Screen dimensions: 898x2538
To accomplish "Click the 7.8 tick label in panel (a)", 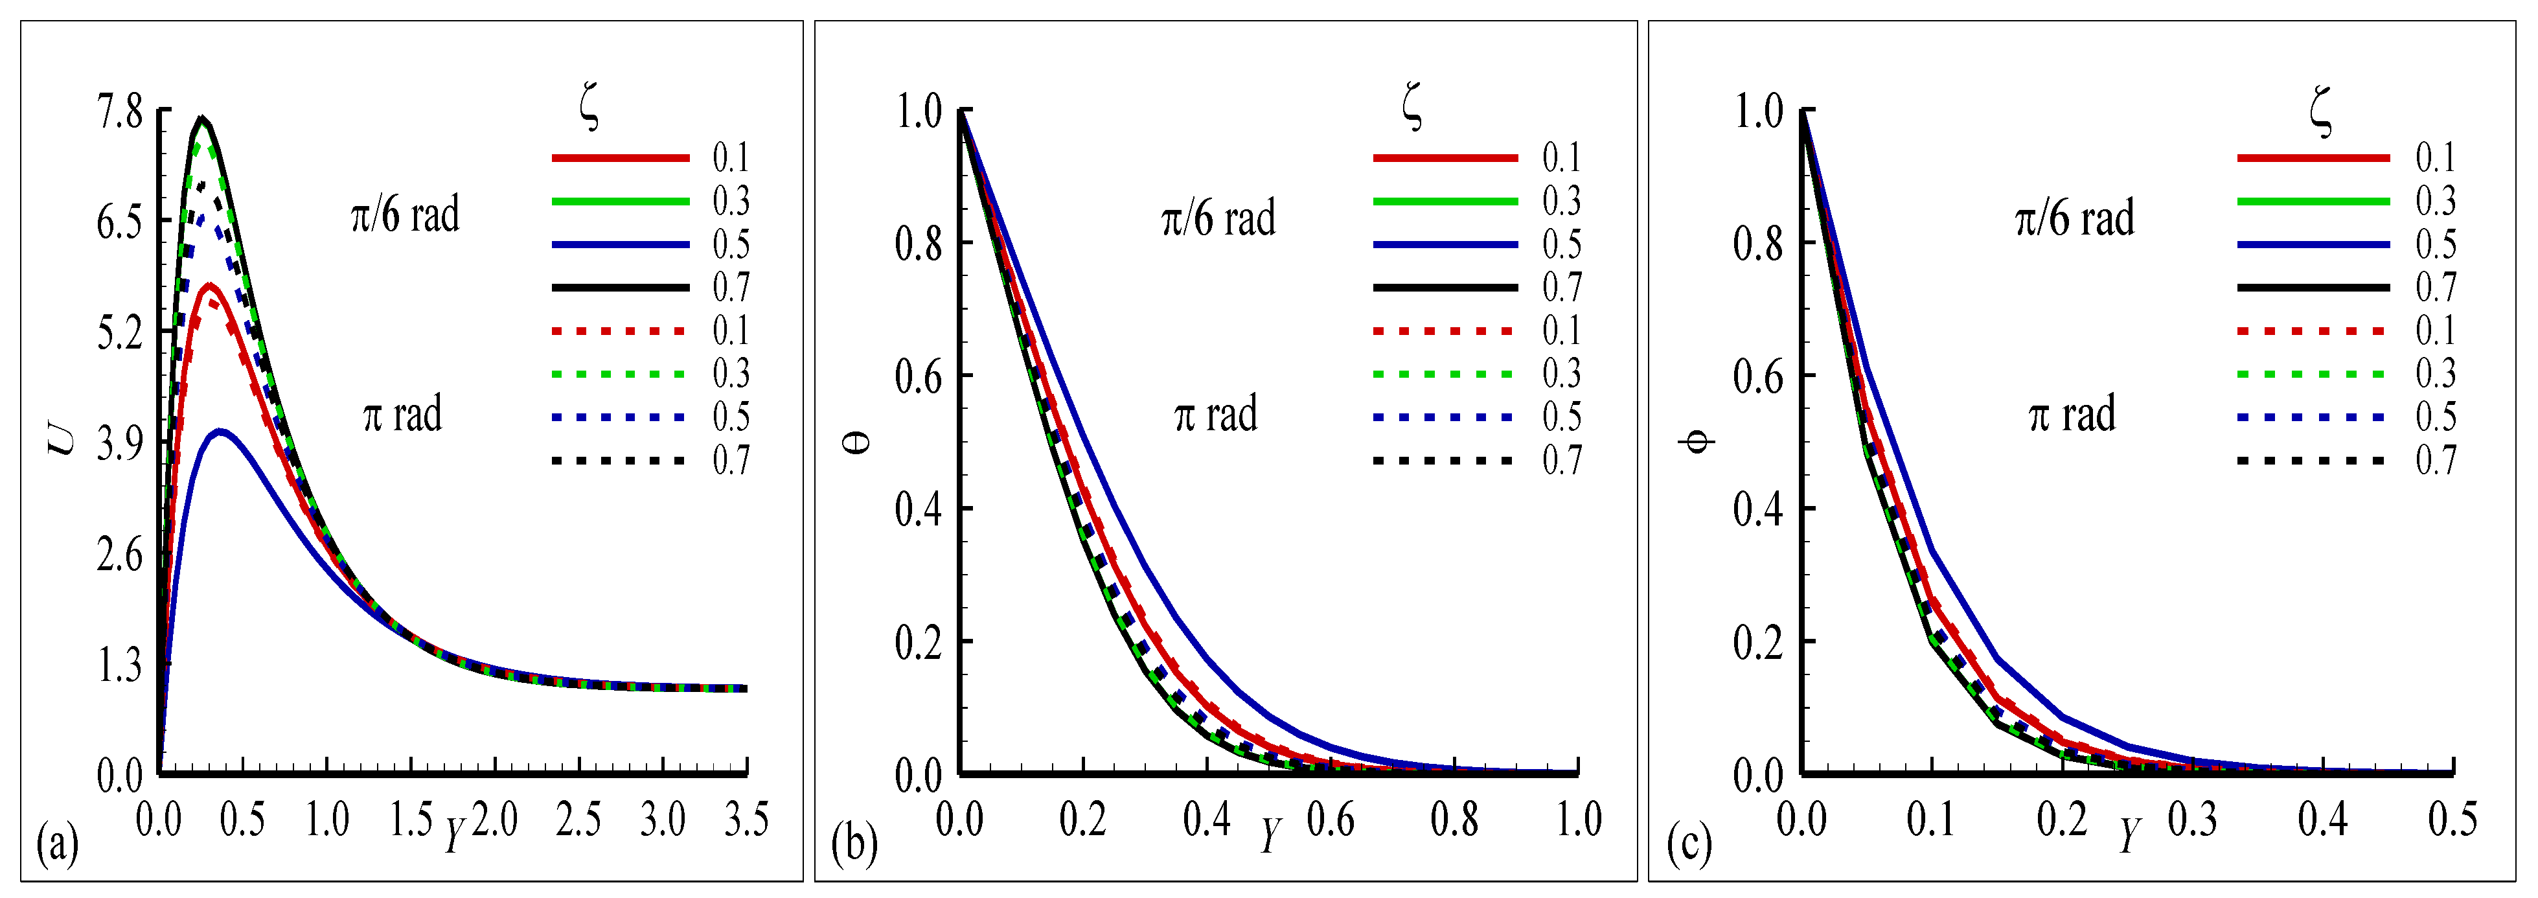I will click(119, 112).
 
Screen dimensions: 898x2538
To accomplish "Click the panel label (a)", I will click(56, 845).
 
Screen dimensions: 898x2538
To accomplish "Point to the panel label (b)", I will click(854, 845).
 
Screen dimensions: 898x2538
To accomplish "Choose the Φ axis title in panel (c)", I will click(1697, 441).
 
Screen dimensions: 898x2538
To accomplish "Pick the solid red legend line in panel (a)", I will click(620, 157).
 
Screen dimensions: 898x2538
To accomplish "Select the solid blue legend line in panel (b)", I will click(1445, 244).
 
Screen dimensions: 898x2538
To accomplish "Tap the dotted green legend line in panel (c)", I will click(2311, 374).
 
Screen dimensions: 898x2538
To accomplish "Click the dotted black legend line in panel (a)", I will click(620, 460).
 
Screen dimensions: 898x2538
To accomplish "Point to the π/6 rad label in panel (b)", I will click(1218, 218).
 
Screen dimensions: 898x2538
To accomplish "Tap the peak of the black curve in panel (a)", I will click(203, 119).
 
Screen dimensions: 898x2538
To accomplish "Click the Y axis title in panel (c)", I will click(2129, 835).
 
